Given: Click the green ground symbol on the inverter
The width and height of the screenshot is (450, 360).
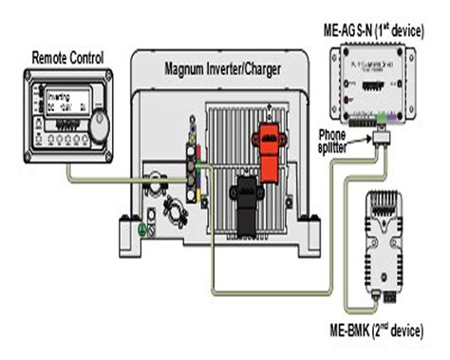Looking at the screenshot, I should (x=141, y=229).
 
